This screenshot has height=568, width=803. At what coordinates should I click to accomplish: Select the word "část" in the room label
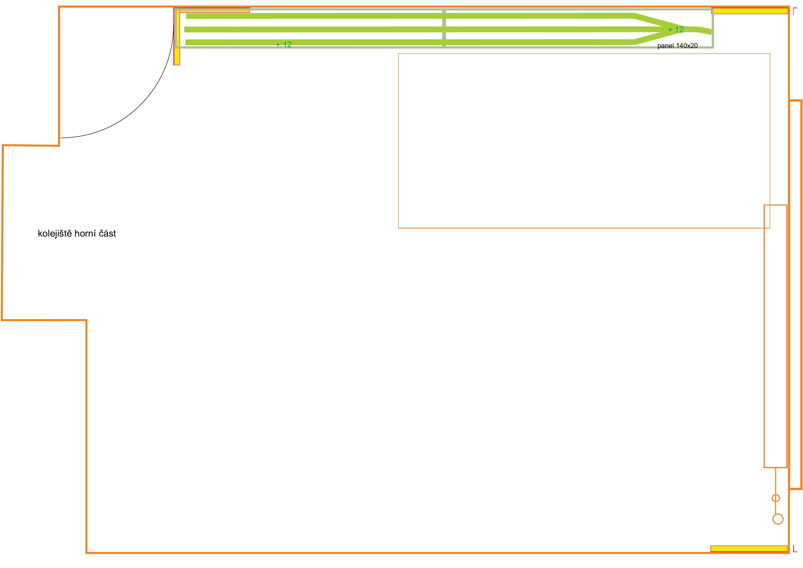tap(107, 234)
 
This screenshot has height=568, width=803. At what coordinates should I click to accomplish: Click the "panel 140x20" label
tap(677, 46)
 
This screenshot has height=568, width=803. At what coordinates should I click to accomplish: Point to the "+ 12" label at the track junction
tap(676, 30)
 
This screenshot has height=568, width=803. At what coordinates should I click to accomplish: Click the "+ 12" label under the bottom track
tap(284, 45)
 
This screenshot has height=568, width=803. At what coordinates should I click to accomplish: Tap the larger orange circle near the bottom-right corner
tap(778, 519)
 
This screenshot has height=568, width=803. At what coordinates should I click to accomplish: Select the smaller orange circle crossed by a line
tap(776, 498)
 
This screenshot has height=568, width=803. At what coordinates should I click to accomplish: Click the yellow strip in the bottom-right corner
tap(749, 549)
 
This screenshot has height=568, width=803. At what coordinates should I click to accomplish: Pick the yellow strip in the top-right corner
tap(750, 11)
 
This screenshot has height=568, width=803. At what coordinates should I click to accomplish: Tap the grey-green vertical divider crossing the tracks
tap(444, 28)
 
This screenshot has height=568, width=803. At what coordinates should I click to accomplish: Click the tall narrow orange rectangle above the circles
tap(775, 336)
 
